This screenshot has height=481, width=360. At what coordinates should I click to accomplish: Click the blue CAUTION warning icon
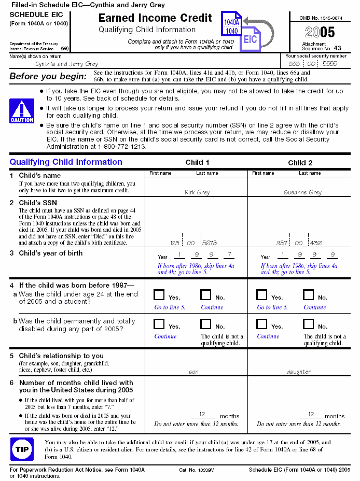[22, 111]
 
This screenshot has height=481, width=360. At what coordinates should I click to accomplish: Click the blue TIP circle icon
[22, 449]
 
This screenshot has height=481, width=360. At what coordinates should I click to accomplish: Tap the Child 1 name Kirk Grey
[197, 192]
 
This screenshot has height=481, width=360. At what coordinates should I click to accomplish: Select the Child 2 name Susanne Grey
[302, 192]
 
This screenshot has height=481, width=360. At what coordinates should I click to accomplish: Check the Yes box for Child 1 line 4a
[159, 295]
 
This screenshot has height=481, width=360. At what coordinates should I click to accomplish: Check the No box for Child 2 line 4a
[309, 295]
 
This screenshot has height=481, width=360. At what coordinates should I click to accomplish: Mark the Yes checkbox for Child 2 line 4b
[262, 324]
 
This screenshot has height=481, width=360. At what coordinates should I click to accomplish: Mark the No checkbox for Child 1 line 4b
[206, 324]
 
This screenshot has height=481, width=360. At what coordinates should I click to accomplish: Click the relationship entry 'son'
[193, 372]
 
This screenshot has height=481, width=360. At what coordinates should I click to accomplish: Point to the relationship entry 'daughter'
[299, 372]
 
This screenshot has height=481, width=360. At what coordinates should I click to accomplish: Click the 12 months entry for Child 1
[203, 414]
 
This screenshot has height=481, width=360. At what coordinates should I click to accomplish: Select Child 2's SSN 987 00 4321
[299, 243]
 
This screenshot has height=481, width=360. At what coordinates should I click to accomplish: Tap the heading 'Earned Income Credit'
[155, 18]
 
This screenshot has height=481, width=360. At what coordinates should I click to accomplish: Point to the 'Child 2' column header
[300, 162]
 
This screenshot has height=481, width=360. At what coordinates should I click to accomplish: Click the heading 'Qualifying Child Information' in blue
[66, 162]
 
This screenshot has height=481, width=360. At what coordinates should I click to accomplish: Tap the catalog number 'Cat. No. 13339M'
[197, 470]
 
